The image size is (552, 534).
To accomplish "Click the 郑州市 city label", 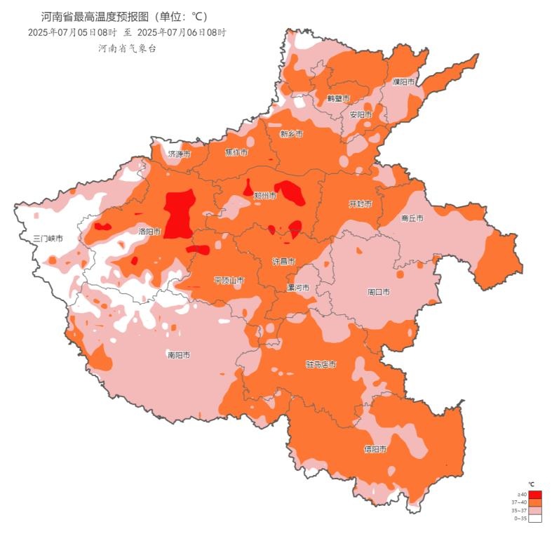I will (265, 196).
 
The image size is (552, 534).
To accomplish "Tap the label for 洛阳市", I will (149, 231).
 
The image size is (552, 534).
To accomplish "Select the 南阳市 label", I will (178, 355).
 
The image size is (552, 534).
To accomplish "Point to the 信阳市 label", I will (375, 449).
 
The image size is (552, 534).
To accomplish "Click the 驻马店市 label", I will (321, 365).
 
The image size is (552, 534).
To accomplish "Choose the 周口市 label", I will (378, 291).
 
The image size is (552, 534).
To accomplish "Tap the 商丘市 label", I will (412, 218).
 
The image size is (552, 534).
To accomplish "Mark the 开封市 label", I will (360, 203).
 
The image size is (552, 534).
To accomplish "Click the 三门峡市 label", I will (48, 239).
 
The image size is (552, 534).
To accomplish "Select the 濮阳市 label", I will (404, 82).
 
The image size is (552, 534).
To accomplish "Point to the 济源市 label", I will (179, 154).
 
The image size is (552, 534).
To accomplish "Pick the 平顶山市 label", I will (229, 281).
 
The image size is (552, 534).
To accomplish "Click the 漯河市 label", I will (298, 288).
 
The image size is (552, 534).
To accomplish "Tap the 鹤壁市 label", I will (338, 98).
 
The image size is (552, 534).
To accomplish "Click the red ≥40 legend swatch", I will (535, 495).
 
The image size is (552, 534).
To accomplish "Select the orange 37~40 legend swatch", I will (535, 502).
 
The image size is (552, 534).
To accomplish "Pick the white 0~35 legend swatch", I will (535, 519).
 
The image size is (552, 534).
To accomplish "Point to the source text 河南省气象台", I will (126, 48).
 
